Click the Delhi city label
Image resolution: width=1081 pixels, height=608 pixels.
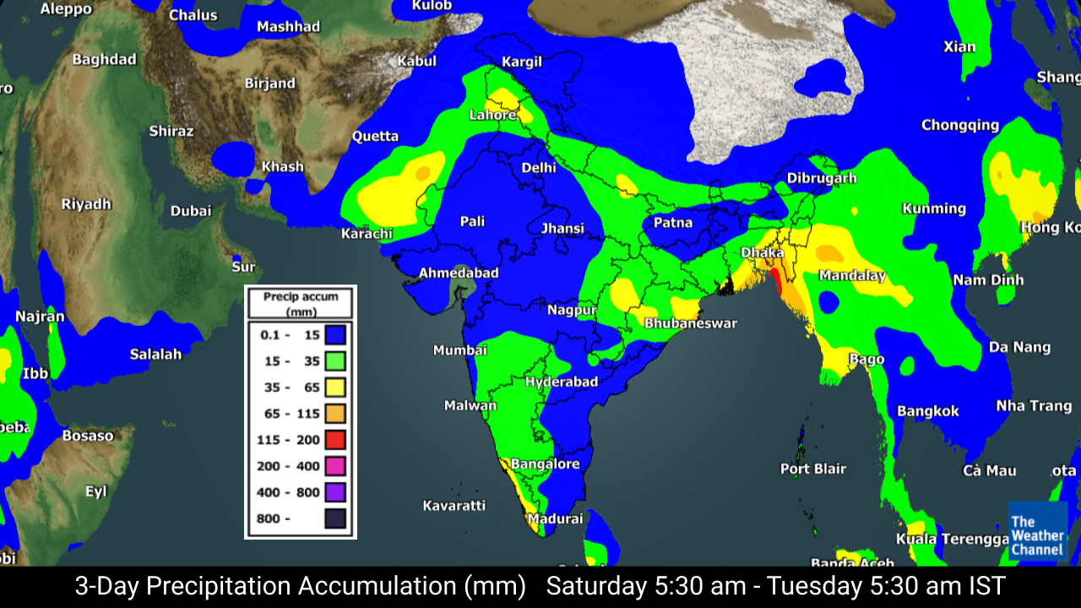(539, 167)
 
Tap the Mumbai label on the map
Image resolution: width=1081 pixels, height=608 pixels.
(460, 350)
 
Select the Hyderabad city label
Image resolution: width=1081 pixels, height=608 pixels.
(562, 382)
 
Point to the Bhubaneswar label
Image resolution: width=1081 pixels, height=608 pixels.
(691, 323)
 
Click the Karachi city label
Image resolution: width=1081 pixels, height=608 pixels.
(367, 233)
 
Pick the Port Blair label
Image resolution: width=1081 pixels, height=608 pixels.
(812, 469)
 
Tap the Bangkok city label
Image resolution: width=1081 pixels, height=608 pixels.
(928, 411)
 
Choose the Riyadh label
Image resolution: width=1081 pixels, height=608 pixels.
(86, 204)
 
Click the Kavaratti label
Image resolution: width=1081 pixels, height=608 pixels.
(454, 505)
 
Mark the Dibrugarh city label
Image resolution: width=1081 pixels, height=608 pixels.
(822, 178)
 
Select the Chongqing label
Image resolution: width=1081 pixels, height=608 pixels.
(960, 125)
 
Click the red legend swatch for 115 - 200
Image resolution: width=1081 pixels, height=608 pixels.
(334, 439)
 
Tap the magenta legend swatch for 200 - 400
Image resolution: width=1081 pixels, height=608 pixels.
(334, 465)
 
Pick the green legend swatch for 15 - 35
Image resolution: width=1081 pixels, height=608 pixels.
(334, 361)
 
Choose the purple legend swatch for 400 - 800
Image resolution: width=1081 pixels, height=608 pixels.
(334, 491)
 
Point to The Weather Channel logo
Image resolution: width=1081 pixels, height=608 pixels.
(1037, 531)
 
